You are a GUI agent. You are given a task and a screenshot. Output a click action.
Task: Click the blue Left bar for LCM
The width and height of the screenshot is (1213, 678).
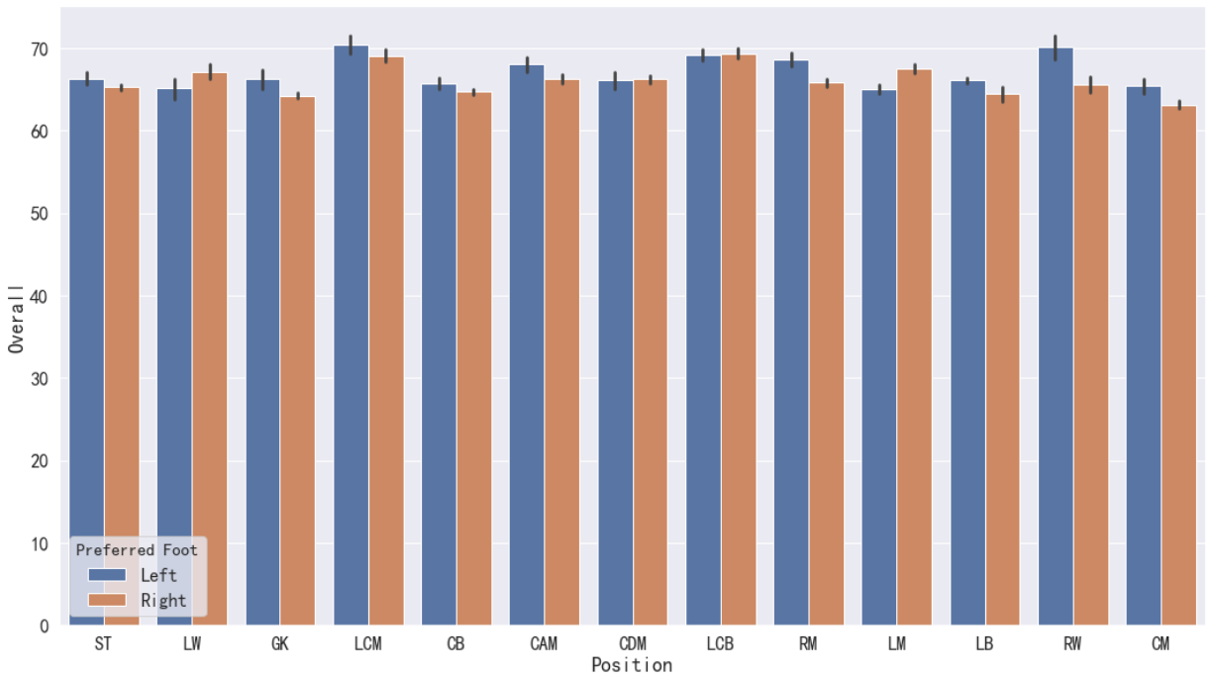351,335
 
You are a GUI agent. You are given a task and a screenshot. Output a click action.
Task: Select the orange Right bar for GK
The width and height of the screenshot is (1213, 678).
298,361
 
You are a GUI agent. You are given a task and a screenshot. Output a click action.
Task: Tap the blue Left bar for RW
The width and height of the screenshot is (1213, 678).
1056,337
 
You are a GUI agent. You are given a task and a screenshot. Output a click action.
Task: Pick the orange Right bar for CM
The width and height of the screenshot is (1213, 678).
1178,366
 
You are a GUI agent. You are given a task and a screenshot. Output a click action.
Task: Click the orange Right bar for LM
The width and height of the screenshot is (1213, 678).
914,347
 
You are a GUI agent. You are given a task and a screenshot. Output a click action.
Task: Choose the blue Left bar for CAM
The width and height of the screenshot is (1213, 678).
527,345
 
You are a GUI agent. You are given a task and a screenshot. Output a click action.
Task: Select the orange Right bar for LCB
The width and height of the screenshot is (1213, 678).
738,339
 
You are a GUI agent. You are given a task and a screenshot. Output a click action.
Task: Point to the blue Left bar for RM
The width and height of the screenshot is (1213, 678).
791,343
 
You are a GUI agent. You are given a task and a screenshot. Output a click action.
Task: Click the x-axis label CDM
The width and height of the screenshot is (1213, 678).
633,644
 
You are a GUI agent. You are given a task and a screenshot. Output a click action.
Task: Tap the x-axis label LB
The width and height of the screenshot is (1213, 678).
984,644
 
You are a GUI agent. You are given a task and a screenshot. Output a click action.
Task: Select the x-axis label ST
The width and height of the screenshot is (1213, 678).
103,644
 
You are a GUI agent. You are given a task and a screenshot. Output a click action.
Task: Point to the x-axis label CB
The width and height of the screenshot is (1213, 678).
455,644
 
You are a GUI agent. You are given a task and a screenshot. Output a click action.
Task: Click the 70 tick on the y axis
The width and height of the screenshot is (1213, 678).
40,49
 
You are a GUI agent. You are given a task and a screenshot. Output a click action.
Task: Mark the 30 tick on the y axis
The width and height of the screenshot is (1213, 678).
40,379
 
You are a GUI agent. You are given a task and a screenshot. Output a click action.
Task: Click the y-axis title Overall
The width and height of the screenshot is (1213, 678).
16,320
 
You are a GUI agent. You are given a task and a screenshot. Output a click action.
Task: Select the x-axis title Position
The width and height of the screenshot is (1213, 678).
632,665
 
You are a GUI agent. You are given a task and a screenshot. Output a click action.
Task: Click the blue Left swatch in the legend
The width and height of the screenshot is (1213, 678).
107,575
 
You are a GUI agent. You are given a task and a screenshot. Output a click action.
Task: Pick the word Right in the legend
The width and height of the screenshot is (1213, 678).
163,600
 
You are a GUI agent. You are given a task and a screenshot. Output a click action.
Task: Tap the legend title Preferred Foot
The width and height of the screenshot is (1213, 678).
137,550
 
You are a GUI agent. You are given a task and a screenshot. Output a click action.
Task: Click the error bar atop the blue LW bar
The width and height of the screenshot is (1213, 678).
175,89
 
